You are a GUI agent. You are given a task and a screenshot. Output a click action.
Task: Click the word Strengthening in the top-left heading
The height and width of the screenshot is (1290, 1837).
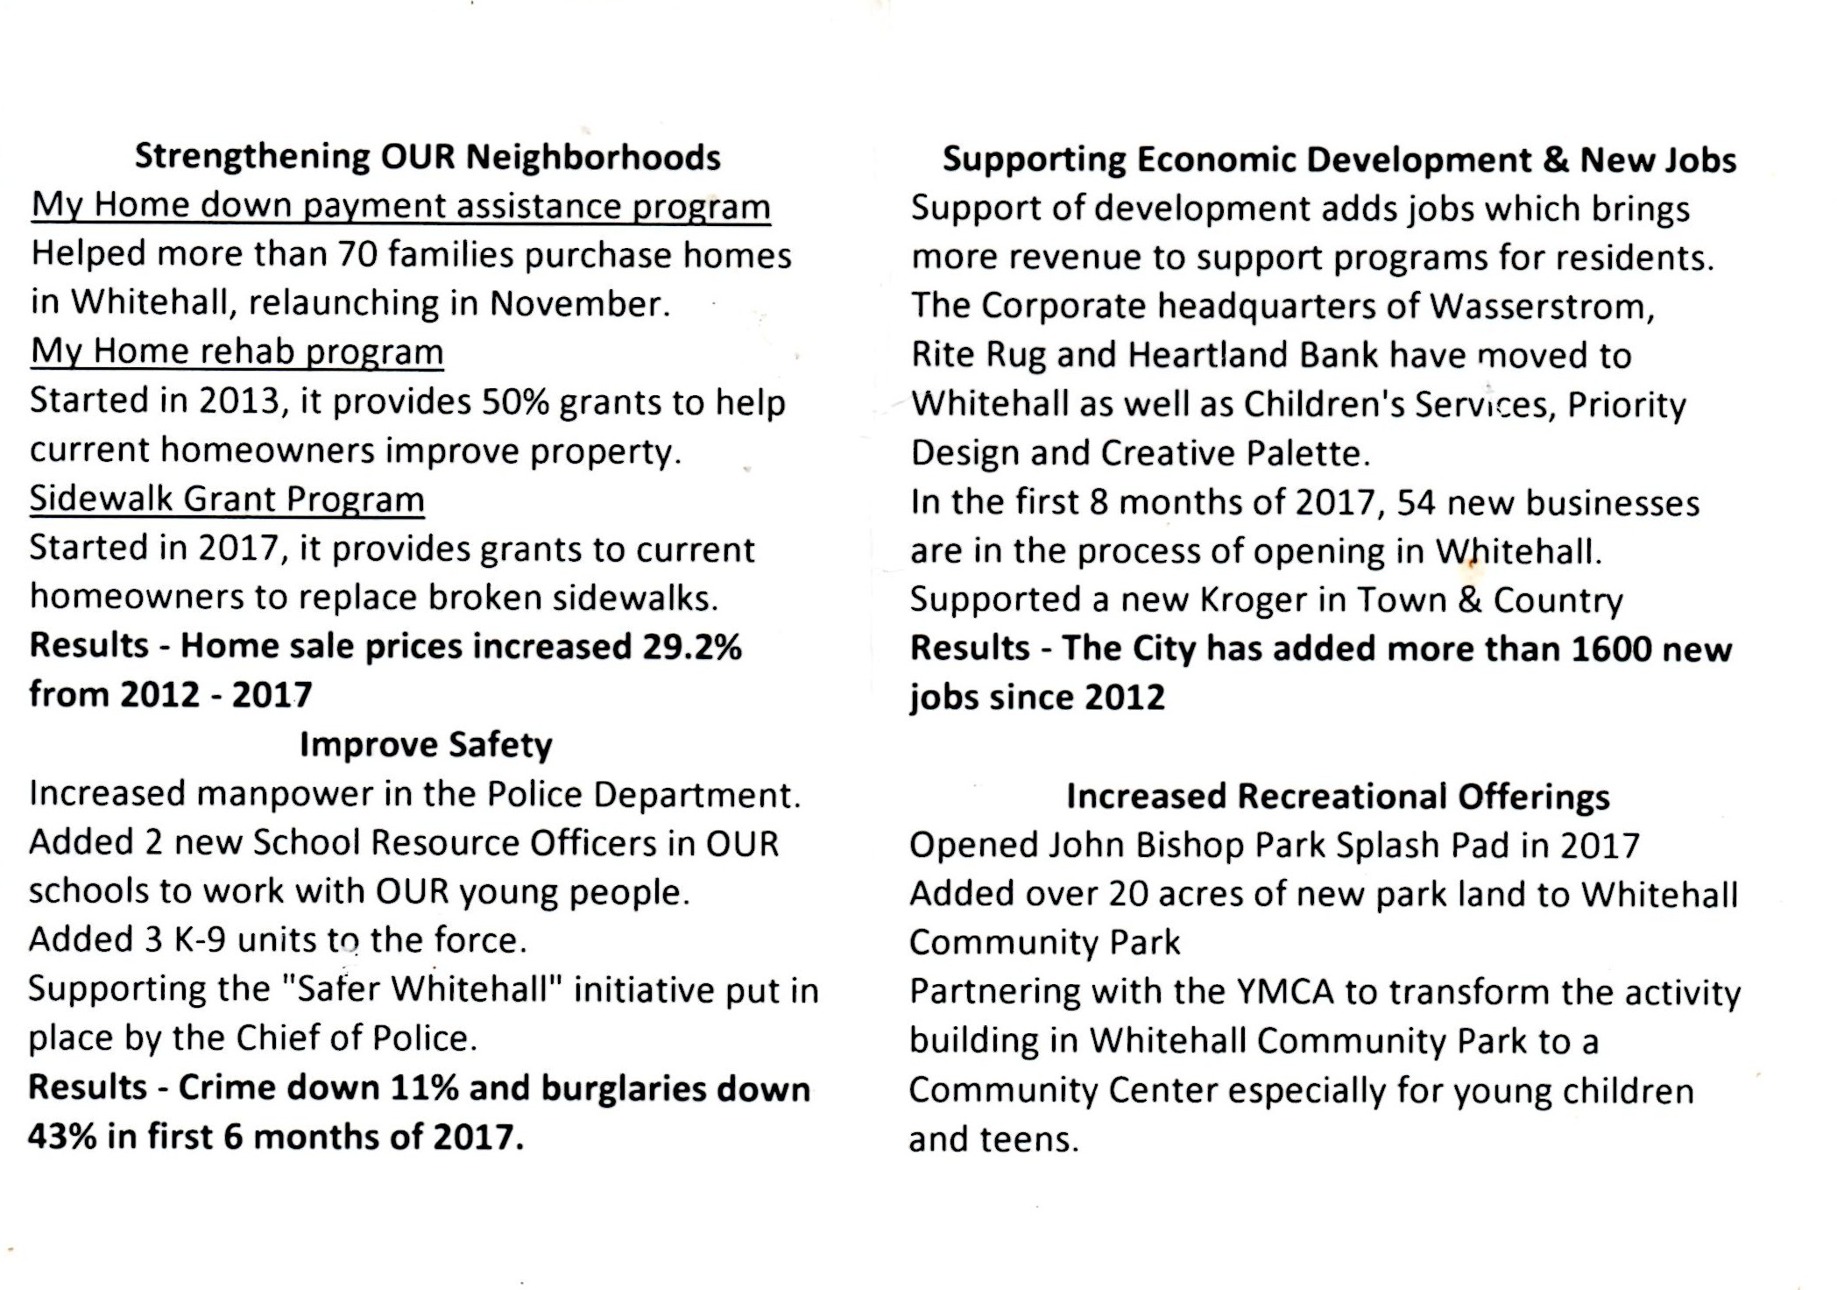click(253, 158)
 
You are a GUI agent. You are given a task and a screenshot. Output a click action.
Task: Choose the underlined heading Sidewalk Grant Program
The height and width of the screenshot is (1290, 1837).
click(227, 499)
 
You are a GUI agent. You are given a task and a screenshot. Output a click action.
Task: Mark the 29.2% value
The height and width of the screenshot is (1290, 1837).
click(692, 647)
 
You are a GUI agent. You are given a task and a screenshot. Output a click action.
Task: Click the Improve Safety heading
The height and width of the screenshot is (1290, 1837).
click(426, 745)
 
